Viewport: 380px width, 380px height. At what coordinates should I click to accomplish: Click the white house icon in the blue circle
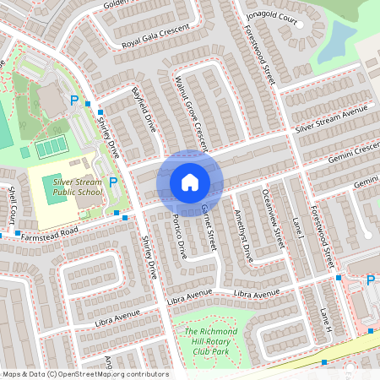[190, 182]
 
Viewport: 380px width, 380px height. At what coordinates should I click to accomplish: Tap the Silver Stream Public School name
[78, 186]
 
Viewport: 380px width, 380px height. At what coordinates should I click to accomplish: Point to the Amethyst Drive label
[243, 237]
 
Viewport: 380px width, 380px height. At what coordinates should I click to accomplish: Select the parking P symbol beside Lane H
[370, 280]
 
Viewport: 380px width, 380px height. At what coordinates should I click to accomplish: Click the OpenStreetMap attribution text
[84, 373]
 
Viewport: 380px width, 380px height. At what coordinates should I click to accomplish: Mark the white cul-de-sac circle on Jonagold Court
[298, 24]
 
